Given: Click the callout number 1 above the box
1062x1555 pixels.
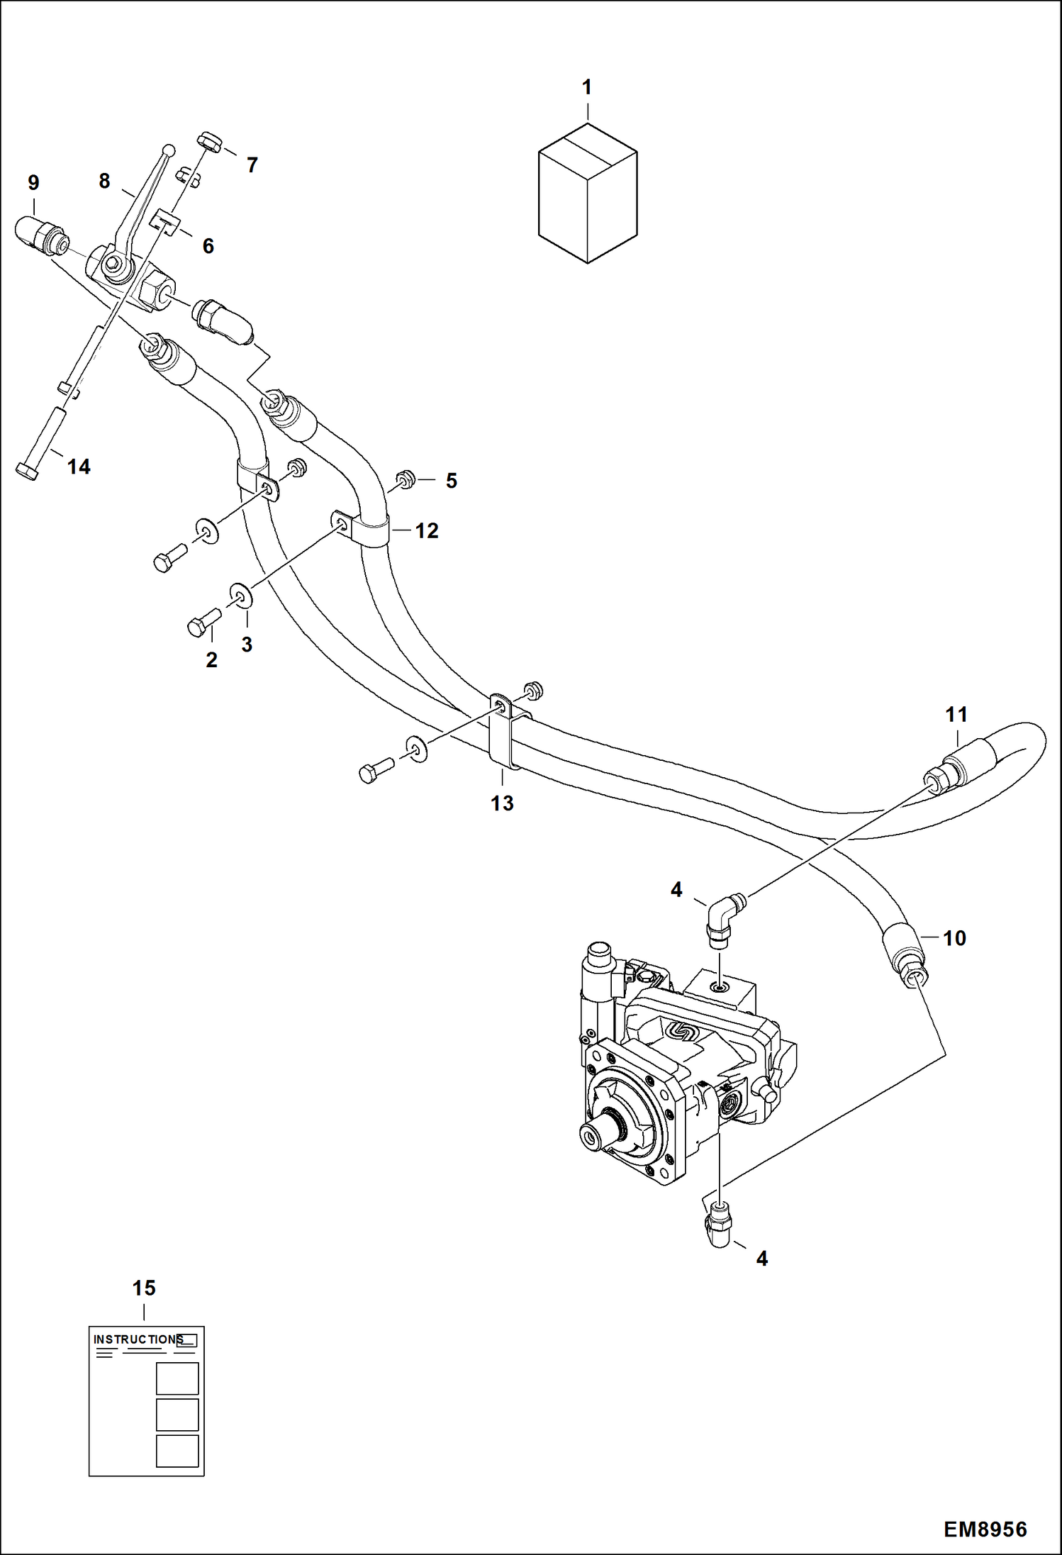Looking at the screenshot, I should coord(586,88).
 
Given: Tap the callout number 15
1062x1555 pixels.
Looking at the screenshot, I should coord(144,1288).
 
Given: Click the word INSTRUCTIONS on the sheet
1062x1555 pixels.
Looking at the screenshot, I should coord(138,1339).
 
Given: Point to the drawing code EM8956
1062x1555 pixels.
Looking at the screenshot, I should coord(985,1529).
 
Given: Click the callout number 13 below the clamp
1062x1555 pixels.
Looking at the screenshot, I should coord(502,803).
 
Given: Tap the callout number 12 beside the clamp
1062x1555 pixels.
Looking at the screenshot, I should coord(427,530).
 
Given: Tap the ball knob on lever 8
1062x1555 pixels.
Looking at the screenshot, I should coord(169,150).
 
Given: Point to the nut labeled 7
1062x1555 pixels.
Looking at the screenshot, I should coord(211,142).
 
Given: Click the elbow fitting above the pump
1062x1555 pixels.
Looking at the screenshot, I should coord(724,915).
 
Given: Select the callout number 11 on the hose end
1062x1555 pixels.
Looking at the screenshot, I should coord(956,714).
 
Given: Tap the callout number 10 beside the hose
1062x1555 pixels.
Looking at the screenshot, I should coord(954,937).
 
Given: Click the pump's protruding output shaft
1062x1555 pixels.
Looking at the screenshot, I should coord(596,1133).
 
